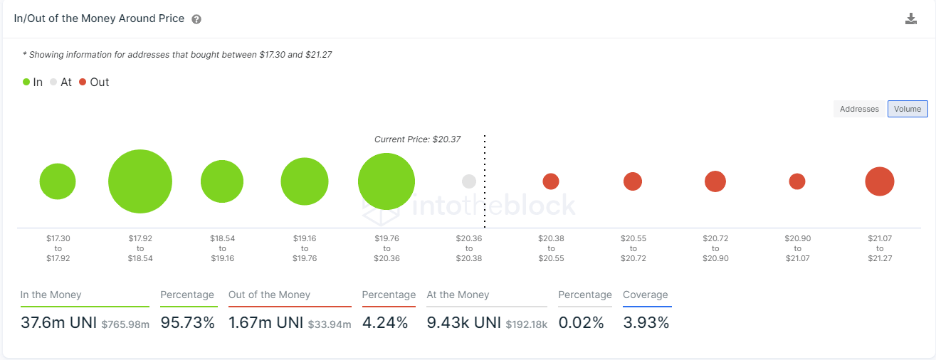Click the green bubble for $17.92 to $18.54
click(140, 181)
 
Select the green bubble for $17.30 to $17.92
click(58, 181)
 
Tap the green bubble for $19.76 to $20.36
click(387, 181)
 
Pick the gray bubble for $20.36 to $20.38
click(468, 181)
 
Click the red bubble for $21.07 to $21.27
click(880, 181)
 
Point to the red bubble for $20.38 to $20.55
click(551, 181)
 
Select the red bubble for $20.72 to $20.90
click(715, 181)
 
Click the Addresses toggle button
click(859, 109)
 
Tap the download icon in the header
click(911, 19)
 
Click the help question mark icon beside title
click(196, 19)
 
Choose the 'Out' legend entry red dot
click(83, 83)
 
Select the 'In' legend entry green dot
click(26, 83)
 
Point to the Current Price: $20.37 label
click(417, 139)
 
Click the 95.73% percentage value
click(187, 323)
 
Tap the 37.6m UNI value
click(58, 323)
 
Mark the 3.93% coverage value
click(646, 323)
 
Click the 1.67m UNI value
click(266, 323)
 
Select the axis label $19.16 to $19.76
click(305, 248)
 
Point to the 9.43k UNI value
click(464, 323)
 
